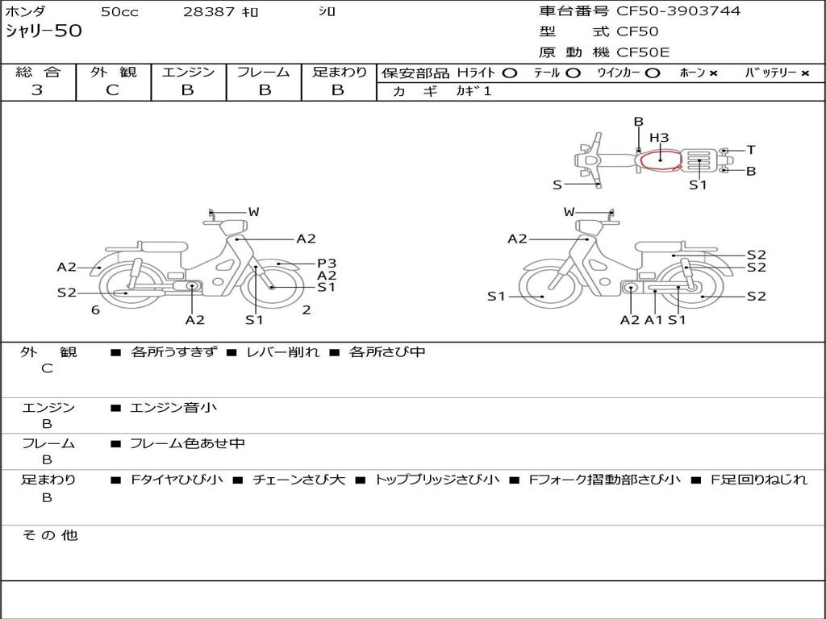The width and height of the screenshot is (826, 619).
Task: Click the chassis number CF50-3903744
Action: coord(678,11)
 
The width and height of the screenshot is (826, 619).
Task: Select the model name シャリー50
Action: coord(44,31)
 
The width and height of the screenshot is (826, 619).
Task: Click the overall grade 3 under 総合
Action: coord(37,90)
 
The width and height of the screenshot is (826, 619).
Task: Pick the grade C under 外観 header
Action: coord(112,90)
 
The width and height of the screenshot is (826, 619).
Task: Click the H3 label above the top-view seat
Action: coord(659,138)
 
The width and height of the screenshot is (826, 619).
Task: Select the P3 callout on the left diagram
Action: coord(327,264)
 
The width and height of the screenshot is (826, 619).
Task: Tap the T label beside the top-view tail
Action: coord(751,150)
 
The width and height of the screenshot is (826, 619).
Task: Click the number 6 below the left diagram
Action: coord(95,310)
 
